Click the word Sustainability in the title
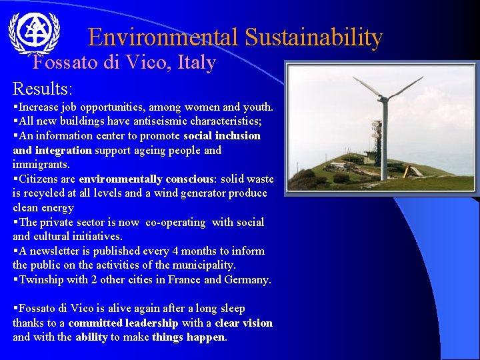[x=313, y=37]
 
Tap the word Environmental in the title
[x=163, y=37]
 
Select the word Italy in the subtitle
[x=197, y=63]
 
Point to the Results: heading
[x=43, y=88]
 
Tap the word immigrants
[x=41, y=165]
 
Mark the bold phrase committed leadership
[x=123, y=323]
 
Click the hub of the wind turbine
[x=383, y=98]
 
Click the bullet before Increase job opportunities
[x=15, y=107]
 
